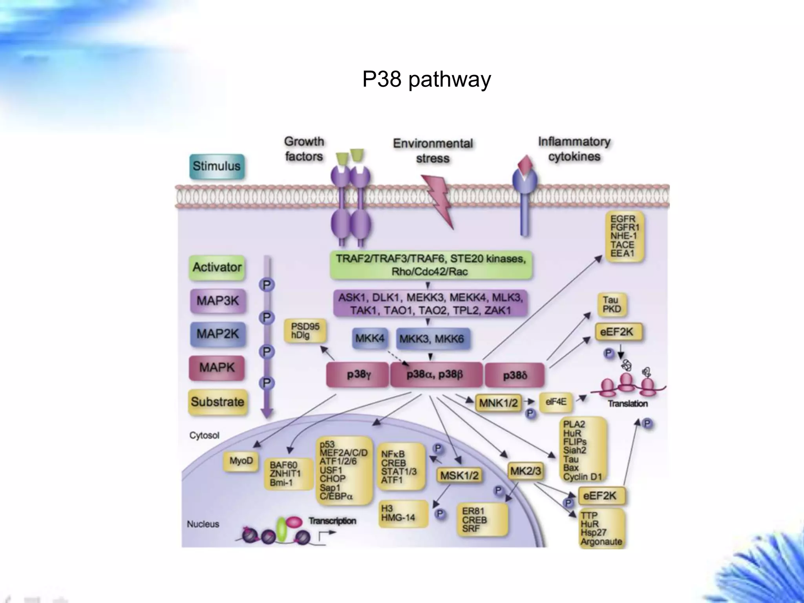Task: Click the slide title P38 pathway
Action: pyautogui.click(x=426, y=80)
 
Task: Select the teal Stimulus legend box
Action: pyautogui.click(x=217, y=166)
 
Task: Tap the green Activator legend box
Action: pyautogui.click(x=217, y=267)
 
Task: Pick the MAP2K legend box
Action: pyautogui.click(x=217, y=334)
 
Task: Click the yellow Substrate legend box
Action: pyautogui.click(x=217, y=402)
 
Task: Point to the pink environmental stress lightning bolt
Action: pyautogui.click(x=439, y=200)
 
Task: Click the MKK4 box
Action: pyautogui.click(x=369, y=338)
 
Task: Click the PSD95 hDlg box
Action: pyautogui.click(x=305, y=331)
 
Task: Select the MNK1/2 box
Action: pyautogui.click(x=498, y=403)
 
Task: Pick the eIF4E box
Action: pyautogui.click(x=555, y=402)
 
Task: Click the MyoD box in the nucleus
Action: pyautogui.click(x=241, y=461)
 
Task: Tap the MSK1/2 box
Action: pyautogui.click(x=459, y=476)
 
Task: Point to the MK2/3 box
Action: pyautogui.click(x=525, y=471)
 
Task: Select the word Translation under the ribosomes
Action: pyautogui.click(x=627, y=404)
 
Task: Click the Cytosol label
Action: pyautogui.click(x=204, y=435)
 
